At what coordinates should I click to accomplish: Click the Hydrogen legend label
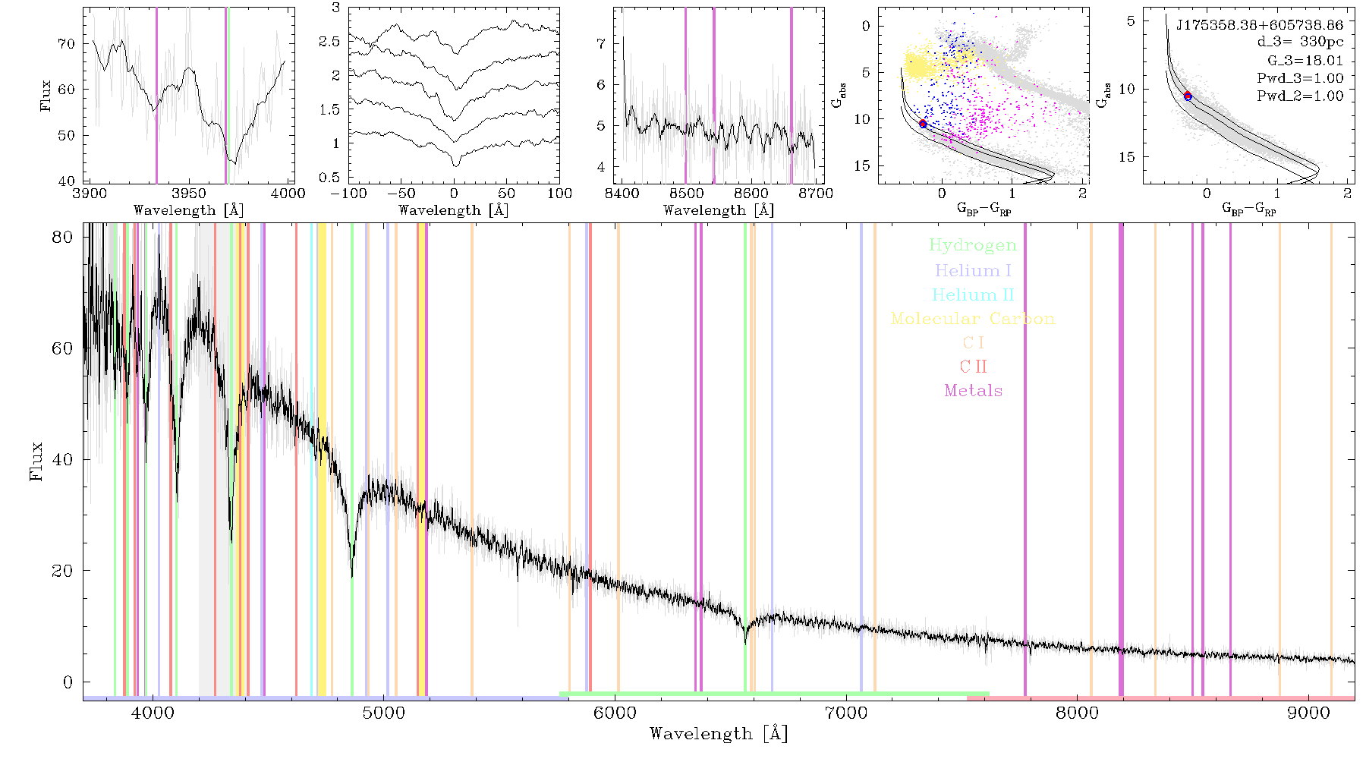pyautogui.click(x=972, y=245)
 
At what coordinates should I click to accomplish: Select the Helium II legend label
pyautogui.click(x=973, y=294)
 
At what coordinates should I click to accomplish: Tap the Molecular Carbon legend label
pyautogui.click(x=973, y=319)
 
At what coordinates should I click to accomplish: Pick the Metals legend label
pyautogui.click(x=974, y=391)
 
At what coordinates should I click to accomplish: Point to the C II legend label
pyautogui.click(x=974, y=367)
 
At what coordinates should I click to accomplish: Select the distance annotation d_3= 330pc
pyautogui.click(x=1300, y=43)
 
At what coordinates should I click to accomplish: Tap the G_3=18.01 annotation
pyautogui.click(x=1305, y=61)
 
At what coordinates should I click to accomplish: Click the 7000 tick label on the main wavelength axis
pyautogui.click(x=845, y=713)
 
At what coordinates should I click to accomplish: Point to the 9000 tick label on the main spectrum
pyautogui.click(x=1308, y=713)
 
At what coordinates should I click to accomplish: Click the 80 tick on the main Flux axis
pyautogui.click(x=63, y=237)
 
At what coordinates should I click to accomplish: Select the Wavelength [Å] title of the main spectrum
pyautogui.click(x=719, y=734)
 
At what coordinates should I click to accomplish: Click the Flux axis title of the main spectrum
pyautogui.click(x=36, y=461)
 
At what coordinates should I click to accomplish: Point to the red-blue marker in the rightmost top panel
pyautogui.click(x=1188, y=96)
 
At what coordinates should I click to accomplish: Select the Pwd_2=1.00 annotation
pyautogui.click(x=1300, y=96)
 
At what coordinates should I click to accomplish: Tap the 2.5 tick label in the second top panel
pyautogui.click(x=329, y=42)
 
